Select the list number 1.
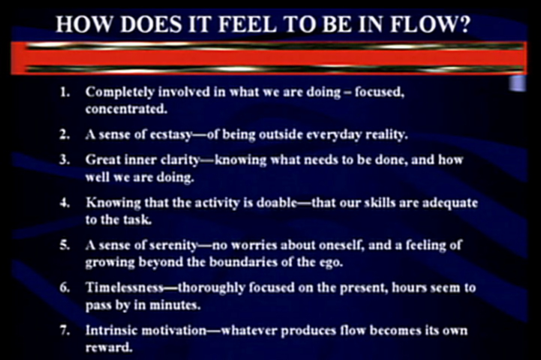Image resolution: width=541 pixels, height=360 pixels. (x=65, y=92)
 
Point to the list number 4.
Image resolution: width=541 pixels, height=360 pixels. (x=65, y=202)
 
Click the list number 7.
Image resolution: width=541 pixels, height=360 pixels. (x=65, y=330)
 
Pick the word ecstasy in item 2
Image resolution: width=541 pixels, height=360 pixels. (x=171, y=135)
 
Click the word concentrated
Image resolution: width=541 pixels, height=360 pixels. (x=126, y=109)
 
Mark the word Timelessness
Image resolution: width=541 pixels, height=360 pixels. (x=125, y=287)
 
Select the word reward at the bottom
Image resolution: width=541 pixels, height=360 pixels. (x=109, y=347)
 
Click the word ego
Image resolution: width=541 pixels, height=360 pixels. (x=332, y=263)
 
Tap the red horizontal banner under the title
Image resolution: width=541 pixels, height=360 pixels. (x=269, y=58)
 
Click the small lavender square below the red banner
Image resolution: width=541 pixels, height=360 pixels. (x=518, y=83)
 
